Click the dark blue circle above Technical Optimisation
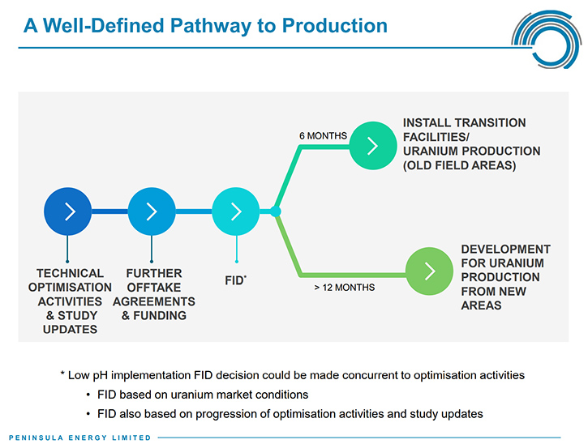pos(68,211)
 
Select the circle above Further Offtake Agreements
pos(152,211)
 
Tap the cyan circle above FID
pos(236,211)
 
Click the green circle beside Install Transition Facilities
pos(373,146)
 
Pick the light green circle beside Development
pos(429,271)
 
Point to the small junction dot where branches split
pos(276,211)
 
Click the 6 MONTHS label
pos(324,135)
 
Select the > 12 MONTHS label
pos(345,288)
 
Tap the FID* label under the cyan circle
pos(235,280)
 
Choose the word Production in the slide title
pos(334,25)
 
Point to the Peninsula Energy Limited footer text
pos(79,438)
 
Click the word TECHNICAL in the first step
pos(70,273)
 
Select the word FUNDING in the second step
pos(160,315)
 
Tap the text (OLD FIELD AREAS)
pos(459,165)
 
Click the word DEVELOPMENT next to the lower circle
pos(506,250)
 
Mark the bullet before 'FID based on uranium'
pos(88,395)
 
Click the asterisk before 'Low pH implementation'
pos(62,374)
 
